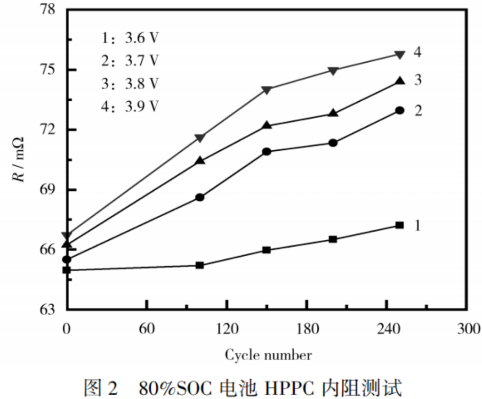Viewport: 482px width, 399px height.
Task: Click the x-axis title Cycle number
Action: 268,355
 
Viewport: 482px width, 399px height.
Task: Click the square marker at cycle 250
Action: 400,225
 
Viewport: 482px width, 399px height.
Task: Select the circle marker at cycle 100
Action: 200,197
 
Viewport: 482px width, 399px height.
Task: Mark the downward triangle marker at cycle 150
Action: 266,90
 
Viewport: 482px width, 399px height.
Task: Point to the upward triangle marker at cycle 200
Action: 333,113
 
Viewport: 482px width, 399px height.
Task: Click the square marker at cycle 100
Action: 200,265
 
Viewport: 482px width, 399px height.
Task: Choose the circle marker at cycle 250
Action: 400,110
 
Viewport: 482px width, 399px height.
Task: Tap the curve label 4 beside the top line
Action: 417,52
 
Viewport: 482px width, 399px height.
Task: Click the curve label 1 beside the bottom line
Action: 417,226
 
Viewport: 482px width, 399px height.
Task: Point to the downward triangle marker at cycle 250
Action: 400,55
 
